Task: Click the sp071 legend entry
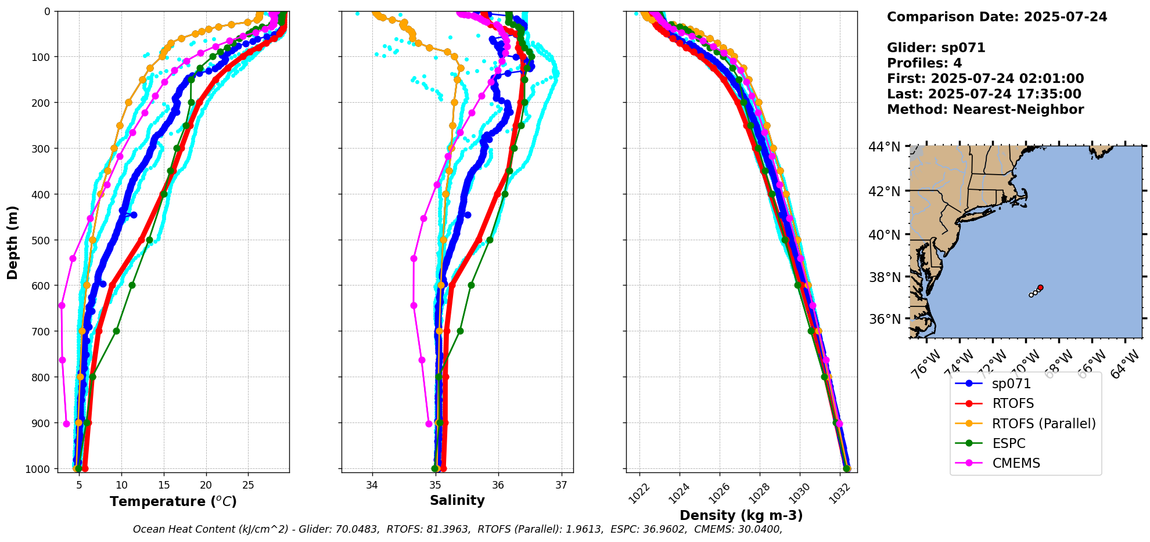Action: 1011,384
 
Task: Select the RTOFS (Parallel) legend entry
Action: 1043,424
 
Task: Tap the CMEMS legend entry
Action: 1015,463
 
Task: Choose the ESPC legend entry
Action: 1008,443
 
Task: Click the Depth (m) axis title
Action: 13,242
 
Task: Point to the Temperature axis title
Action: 173,501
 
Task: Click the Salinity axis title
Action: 457,500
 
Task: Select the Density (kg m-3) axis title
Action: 741,515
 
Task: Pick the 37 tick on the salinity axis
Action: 561,485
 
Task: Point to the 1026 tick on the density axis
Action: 717,494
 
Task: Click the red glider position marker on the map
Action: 1040,288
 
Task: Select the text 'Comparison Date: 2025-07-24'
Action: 997,17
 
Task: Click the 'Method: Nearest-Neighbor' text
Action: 985,110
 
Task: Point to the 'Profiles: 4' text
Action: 924,63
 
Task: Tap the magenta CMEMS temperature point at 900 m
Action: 66,424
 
